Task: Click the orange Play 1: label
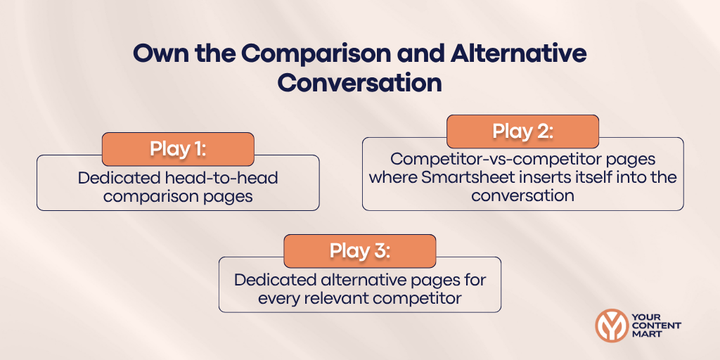coord(177,149)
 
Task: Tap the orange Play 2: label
coord(522,131)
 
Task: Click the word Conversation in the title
coord(359,82)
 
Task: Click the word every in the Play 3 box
coord(279,298)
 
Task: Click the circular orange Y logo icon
coord(611,326)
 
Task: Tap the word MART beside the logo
coord(647,335)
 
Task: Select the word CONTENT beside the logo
coord(656,326)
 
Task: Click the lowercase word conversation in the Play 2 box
coord(522,195)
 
